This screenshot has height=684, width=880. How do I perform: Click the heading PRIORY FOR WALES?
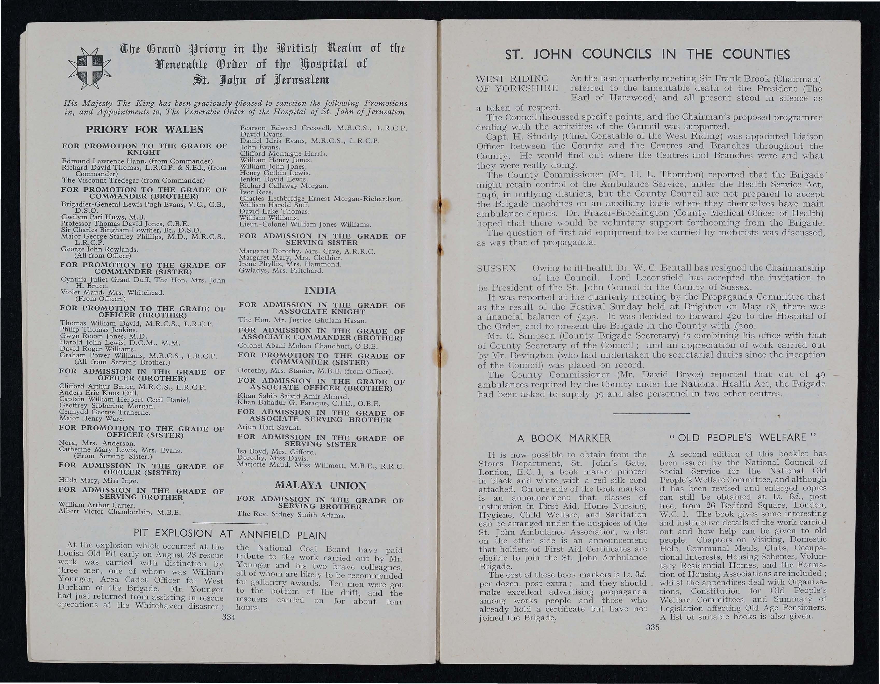point(144,130)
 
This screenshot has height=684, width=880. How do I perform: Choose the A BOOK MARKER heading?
point(564,438)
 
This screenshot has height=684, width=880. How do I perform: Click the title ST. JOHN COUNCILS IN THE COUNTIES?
point(648,54)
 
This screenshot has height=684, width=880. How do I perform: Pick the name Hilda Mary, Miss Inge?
point(99,481)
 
